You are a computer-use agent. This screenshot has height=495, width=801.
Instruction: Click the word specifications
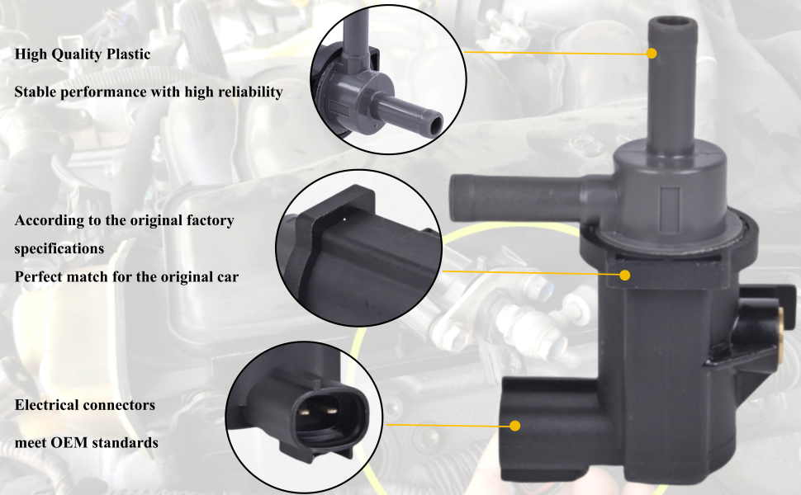[x=59, y=247]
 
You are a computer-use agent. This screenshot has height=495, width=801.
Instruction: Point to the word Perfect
[x=40, y=276]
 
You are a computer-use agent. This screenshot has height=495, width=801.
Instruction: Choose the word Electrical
[x=46, y=405]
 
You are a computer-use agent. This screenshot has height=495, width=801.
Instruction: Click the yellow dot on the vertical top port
[x=652, y=53]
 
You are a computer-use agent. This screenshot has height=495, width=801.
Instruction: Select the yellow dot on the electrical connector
[x=514, y=426]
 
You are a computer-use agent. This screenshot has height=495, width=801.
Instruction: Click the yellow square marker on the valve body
[x=625, y=273]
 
